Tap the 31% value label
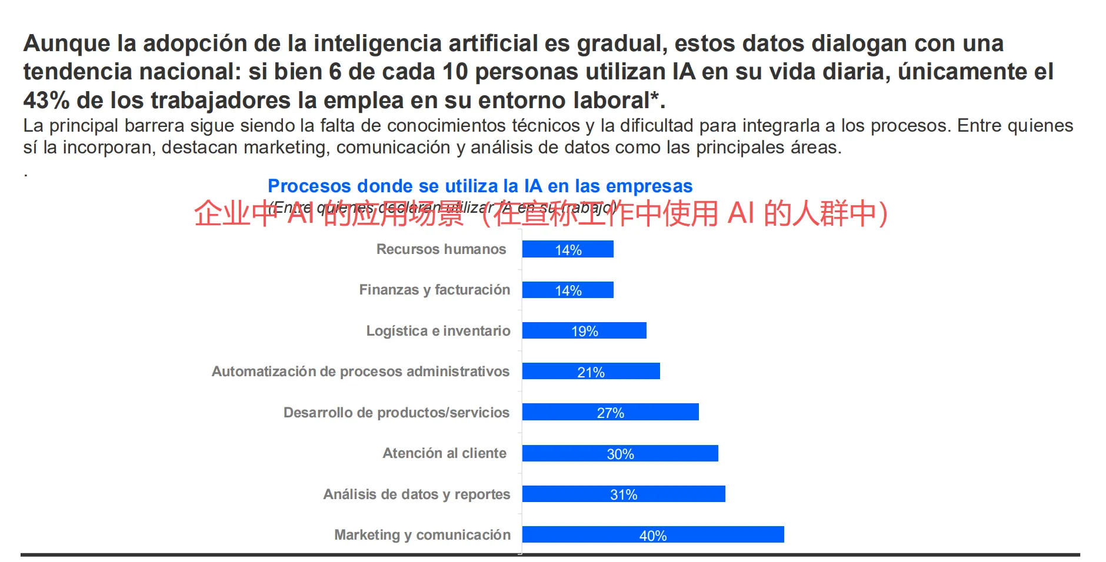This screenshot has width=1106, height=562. click(x=624, y=494)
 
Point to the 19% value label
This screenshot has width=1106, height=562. click(x=585, y=331)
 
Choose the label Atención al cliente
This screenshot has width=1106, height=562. click(x=444, y=453)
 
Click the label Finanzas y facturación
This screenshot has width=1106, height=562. click(x=434, y=290)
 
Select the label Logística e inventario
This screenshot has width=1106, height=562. click(x=438, y=331)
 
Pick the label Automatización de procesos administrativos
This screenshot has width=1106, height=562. click(x=360, y=372)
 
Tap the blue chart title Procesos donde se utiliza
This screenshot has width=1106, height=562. click(x=480, y=186)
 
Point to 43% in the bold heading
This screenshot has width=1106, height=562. click(x=46, y=101)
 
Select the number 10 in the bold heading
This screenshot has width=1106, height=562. click(x=455, y=72)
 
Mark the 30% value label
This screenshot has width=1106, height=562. click(x=620, y=454)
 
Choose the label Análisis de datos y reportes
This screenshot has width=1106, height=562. click(x=417, y=494)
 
